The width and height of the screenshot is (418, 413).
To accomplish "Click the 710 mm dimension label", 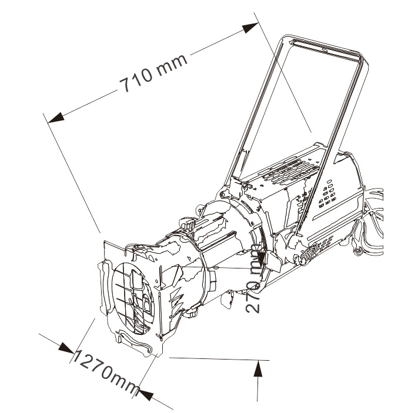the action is point(153,73).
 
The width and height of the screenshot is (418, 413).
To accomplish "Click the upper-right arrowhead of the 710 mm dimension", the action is point(250,28).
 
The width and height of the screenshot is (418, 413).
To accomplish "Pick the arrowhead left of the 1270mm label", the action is point(66,348).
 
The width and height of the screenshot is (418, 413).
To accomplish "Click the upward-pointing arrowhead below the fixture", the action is point(258,368).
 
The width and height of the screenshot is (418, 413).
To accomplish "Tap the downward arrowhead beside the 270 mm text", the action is point(262,258).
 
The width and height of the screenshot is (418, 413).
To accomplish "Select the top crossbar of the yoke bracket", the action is point(326,48).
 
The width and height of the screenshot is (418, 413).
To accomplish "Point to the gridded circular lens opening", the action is point(133,298).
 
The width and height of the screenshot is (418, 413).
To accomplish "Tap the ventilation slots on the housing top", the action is point(290,171).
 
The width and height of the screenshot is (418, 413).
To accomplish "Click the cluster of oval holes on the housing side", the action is point(327,194).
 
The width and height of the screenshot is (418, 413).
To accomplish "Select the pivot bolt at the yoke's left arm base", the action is point(223,194).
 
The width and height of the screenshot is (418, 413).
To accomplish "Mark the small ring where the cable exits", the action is point(358,250).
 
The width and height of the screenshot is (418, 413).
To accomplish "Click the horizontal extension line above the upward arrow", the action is point(219,359).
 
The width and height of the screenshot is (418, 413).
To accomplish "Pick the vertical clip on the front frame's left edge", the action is point(104,287).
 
